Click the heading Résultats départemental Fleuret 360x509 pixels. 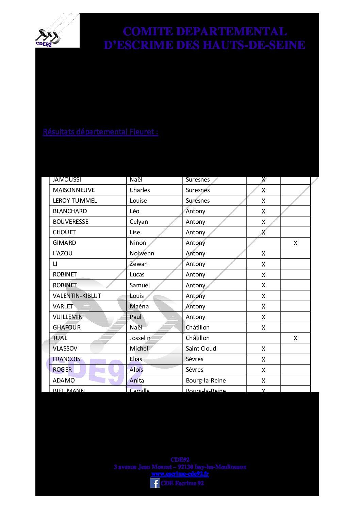[100, 132]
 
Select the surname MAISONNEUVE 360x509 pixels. [74, 190]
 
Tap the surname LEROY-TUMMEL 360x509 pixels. [75, 201]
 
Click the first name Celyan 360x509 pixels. [139, 222]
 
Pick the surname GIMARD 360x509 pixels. [64, 243]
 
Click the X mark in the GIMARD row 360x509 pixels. [295, 243]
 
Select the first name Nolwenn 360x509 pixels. [142, 253]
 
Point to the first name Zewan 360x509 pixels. [138, 264]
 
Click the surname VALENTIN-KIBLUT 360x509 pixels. [77, 296]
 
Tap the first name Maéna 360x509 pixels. [139, 306]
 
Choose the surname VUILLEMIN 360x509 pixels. [68, 317]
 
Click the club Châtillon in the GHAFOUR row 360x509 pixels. [198, 327]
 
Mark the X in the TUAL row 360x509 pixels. [295, 338]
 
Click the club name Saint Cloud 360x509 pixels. [201, 349]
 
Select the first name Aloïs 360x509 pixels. [136, 370]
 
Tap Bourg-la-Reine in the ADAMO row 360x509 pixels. [206, 380]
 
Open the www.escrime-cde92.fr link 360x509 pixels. [180, 474]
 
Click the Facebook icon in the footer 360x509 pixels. [155, 483]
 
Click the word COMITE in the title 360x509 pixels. [148, 32]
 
